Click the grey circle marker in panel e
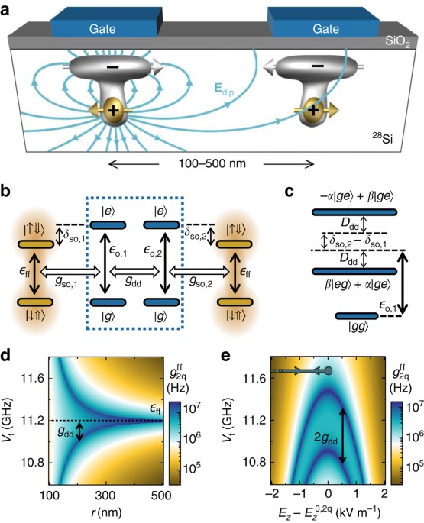pos(329,371)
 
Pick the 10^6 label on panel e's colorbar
pos(415,438)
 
